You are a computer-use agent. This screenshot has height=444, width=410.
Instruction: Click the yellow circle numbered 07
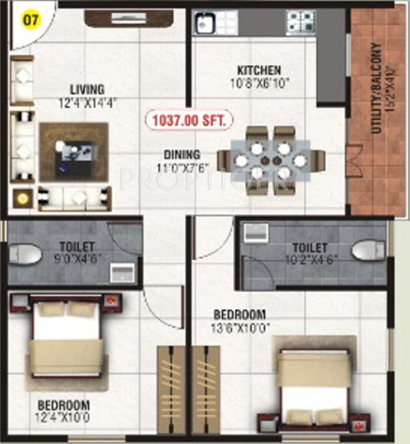pos(29,18)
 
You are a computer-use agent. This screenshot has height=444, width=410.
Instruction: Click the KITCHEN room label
pos(258,70)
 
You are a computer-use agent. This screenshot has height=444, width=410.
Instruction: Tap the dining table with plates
pos(269,160)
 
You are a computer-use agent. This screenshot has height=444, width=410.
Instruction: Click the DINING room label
pos(181,155)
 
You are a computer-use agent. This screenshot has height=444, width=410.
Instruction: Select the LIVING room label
pos(87,90)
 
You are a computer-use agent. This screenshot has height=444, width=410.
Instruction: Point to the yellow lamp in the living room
pos(24,198)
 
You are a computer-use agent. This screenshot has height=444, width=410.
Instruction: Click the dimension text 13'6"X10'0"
pos(239,326)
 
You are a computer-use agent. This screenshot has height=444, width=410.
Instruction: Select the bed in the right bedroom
pos(314,387)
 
